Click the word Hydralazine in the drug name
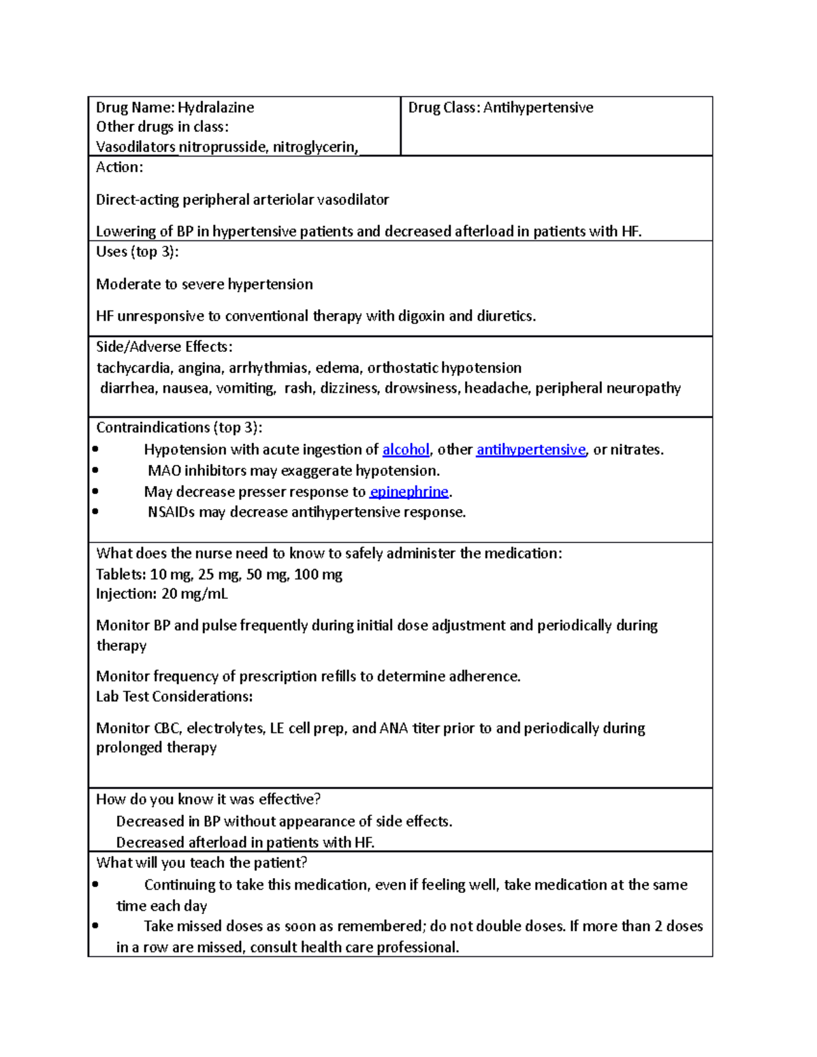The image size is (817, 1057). [216, 108]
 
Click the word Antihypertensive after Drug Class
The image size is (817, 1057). [538, 108]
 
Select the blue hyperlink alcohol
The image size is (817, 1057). [406, 450]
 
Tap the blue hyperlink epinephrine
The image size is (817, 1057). [408, 492]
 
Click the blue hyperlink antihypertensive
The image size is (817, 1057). [530, 450]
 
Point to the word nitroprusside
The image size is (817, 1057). [222, 147]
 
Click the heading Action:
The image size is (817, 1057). [119, 167]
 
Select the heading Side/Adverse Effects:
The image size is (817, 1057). [164, 347]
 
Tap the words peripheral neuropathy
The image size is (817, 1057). [607, 389]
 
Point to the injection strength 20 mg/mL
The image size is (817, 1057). [195, 594]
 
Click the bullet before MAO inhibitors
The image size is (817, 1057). [95, 470]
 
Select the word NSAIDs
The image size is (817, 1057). [171, 513]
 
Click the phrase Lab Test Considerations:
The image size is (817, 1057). [174, 697]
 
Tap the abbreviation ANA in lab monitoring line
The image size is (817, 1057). [394, 728]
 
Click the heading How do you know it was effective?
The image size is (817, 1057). [208, 800]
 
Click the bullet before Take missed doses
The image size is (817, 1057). [95, 926]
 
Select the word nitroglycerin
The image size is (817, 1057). [315, 147]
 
